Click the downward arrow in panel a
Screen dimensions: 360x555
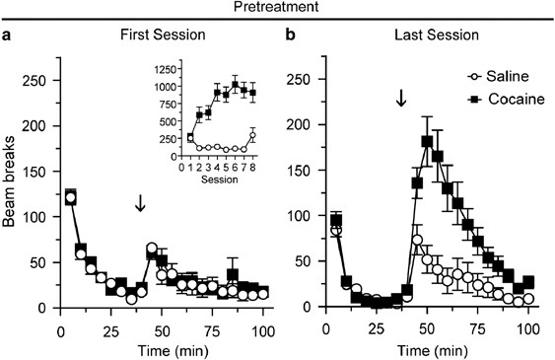pyautogui.click(x=140, y=202)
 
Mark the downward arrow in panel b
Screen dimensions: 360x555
pyautogui.click(x=400, y=99)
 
